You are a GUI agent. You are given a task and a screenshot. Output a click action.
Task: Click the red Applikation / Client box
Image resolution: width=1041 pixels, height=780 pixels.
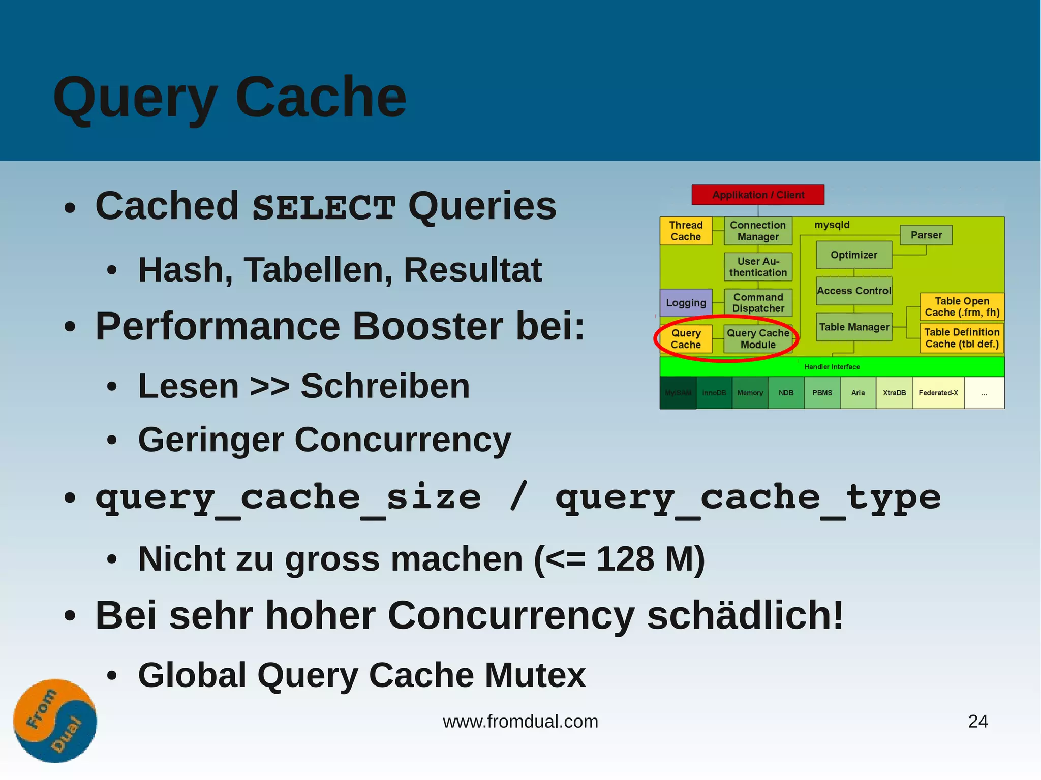757,195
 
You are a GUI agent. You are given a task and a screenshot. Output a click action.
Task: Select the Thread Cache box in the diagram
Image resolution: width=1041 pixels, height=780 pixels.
685,231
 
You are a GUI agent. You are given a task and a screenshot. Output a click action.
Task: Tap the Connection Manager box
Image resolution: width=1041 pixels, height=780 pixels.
757,231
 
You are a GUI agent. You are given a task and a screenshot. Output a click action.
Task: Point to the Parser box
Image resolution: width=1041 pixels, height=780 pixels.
926,235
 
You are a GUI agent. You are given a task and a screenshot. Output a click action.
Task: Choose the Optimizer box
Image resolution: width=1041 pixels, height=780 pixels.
853,255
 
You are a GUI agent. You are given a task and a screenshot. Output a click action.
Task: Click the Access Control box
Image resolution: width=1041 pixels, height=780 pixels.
853,291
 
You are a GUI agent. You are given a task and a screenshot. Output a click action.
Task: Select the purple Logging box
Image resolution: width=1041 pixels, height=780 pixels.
686,302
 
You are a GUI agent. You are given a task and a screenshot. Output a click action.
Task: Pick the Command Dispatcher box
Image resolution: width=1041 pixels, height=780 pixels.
757,302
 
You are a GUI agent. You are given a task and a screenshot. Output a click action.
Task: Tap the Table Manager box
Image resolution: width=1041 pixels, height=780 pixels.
853,327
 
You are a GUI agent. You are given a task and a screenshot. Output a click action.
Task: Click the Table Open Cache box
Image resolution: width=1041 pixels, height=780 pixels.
962,306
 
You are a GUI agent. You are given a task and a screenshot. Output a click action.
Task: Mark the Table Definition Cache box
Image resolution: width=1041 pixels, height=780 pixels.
962,338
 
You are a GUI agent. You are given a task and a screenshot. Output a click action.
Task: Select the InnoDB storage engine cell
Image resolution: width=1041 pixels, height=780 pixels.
714,393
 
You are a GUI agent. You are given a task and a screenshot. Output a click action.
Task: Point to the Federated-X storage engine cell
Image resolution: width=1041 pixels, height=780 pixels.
938,393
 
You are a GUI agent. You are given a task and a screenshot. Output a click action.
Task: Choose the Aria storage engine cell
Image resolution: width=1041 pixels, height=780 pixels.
858,393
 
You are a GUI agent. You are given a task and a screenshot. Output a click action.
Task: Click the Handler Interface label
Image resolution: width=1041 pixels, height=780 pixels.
832,367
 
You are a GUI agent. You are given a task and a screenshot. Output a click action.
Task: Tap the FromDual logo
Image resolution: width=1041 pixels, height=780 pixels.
55,721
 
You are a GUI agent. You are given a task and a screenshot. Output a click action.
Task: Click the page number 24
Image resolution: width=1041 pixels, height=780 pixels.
977,721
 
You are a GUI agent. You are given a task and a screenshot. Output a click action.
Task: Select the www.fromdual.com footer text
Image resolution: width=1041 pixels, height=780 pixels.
520,721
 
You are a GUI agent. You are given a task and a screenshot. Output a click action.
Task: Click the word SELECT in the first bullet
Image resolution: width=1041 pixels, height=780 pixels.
324,207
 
